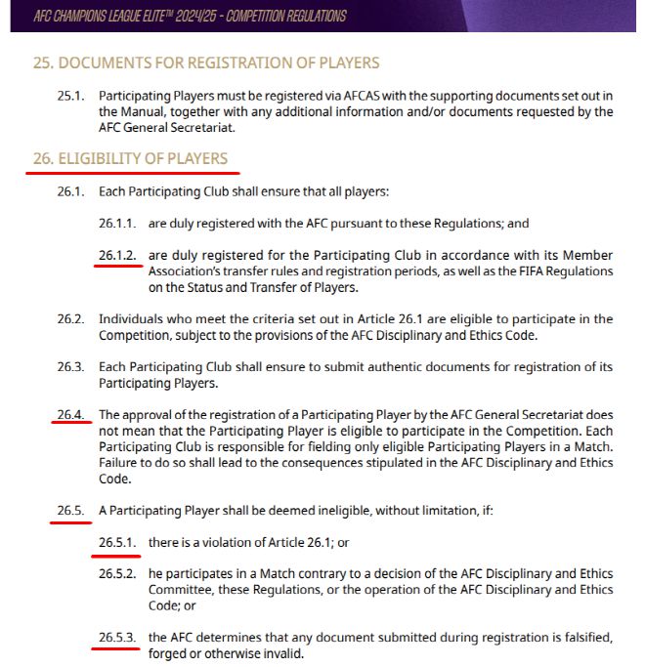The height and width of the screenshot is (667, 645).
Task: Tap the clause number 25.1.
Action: coord(71,95)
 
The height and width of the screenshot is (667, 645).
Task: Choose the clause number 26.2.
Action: coord(71,319)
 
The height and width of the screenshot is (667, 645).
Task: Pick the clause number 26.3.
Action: coord(71,366)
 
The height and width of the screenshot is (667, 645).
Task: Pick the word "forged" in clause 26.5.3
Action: coord(169,653)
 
